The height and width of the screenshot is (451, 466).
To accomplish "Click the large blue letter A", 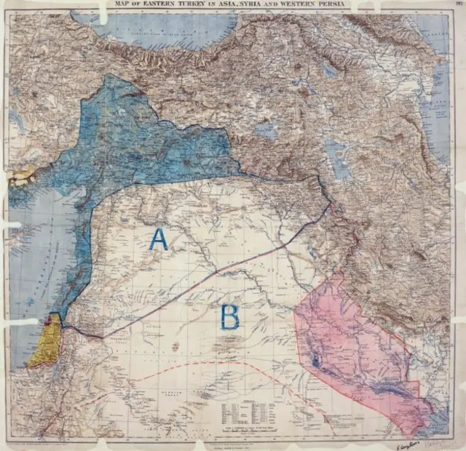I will click(158, 239).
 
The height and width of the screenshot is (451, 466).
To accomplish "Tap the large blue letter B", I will click(229, 317).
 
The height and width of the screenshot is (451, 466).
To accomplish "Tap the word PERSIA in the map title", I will click(355, 6).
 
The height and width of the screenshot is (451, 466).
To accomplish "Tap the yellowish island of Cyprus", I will click(22, 176).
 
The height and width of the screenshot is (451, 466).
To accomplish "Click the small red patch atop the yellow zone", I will click(53, 318).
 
